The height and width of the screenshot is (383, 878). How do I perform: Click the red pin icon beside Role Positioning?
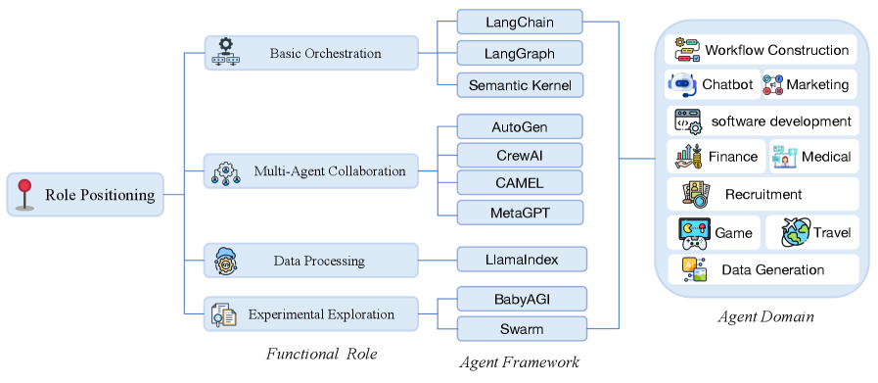(24, 195)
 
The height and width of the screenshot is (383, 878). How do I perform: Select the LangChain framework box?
(520, 22)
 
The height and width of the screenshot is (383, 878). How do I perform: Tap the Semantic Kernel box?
(520, 85)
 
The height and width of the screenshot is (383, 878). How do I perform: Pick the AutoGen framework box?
(520, 126)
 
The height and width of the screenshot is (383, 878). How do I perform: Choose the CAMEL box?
(520, 183)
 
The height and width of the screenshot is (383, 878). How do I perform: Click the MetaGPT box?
(520, 213)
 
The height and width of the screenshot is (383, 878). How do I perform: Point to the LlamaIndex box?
(522, 260)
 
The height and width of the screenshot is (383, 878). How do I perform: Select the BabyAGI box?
(522, 299)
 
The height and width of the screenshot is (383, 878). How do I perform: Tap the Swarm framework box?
(522, 328)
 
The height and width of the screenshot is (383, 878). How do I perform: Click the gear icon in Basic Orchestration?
(226, 53)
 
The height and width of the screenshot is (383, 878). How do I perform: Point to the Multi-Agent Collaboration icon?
(226, 172)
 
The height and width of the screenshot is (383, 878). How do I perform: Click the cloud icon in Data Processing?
(227, 261)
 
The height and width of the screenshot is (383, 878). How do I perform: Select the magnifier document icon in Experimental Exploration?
(223, 314)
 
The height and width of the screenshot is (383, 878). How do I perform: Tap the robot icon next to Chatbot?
(681, 84)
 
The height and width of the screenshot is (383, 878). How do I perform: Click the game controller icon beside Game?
(694, 233)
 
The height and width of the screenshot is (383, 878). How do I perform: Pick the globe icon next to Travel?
(796, 233)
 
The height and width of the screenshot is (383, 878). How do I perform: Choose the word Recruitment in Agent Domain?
(763, 195)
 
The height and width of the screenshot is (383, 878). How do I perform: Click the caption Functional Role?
(321, 354)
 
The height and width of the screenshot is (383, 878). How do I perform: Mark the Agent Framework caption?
(519, 361)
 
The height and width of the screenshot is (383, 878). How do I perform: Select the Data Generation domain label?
(772, 269)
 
